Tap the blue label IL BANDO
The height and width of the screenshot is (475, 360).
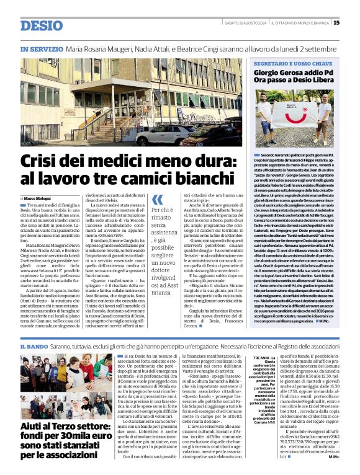tap(34, 345)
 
